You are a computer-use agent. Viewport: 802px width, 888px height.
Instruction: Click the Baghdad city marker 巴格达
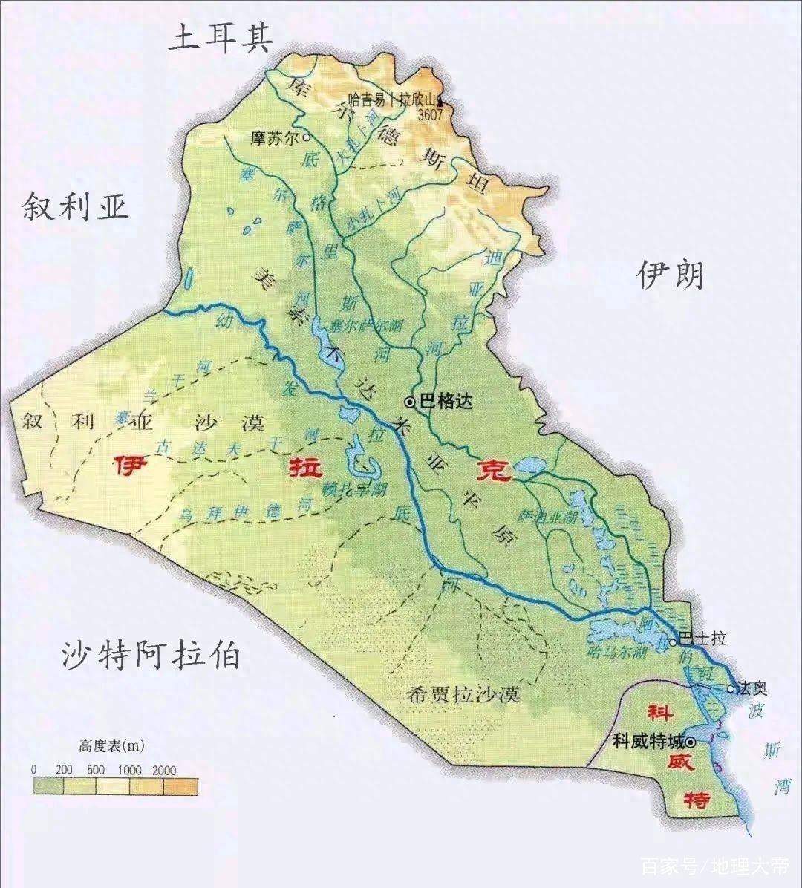pos(410,402)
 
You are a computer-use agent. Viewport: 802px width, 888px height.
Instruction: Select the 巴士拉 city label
pos(702,639)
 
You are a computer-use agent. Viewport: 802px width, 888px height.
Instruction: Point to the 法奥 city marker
pos(731,689)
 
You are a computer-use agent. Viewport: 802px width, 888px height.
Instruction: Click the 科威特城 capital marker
pos(691,741)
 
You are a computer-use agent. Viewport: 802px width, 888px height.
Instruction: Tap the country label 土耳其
pos(221,36)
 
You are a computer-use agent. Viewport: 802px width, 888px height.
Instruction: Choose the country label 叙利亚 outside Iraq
pos(76,206)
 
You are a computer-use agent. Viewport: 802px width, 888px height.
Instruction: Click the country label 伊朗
pos(671,275)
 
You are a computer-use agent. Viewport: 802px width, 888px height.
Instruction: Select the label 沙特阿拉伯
pos(151,655)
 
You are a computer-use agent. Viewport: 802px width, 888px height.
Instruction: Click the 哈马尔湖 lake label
pos(617,653)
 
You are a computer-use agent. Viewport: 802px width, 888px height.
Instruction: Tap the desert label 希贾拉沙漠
pos(464,696)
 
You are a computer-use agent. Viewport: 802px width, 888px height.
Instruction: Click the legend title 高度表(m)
pos(111,745)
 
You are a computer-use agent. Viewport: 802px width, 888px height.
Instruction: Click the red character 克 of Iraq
pos(494,470)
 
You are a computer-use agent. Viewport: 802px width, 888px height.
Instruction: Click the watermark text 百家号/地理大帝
pos(714,866)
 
